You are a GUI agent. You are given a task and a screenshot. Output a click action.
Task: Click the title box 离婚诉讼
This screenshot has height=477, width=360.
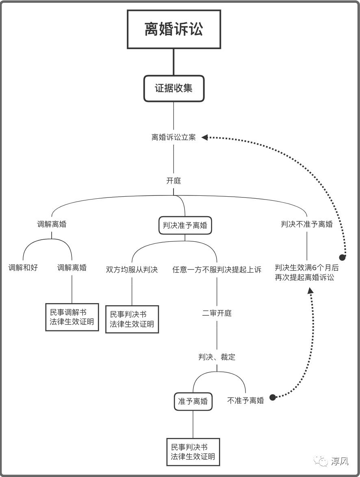click(x=174, y=29)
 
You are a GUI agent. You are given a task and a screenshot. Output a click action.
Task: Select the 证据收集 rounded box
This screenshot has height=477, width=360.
click(x=173, y=88)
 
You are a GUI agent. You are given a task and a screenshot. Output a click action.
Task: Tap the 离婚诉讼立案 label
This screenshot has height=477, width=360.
click(x=173, y=137)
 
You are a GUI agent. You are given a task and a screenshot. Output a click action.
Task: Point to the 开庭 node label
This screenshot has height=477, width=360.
click(x=173, y=181)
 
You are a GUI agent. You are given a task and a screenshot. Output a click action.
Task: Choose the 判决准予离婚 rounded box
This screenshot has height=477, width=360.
click(x=185, y=225)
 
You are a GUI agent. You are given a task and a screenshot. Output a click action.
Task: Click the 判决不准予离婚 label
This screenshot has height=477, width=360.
click(x=307, y=224)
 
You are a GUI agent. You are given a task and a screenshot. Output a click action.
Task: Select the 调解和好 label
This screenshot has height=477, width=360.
click(x=23, y=268)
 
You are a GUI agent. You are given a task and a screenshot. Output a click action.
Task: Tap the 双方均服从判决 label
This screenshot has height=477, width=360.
click(x=132, y=269)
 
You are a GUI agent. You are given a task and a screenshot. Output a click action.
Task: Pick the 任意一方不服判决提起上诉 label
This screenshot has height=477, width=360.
click(x=217, y=269)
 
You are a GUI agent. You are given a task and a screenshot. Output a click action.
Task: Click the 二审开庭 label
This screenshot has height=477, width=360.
click(x=217, y=313)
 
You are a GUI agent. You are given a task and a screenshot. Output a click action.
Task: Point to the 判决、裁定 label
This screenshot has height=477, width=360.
click(x=217, y=357)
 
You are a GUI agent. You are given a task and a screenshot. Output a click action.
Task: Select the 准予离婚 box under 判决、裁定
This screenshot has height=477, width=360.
click(x=193, y=401)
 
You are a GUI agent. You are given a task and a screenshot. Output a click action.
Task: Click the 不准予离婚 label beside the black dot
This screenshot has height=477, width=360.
click(x=245, y=400)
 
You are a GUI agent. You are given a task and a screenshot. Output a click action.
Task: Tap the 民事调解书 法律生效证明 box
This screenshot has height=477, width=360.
click(x=72, y=317)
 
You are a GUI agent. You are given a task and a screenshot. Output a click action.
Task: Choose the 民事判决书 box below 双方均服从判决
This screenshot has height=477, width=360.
click(x=132, y=319)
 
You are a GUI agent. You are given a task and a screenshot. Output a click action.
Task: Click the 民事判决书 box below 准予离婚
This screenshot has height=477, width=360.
click(x=193, y=452)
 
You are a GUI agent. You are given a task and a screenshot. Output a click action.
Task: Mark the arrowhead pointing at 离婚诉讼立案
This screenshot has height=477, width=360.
click(x=205, y=137)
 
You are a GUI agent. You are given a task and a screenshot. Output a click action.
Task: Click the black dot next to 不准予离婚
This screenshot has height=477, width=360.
click(x=273, y=397)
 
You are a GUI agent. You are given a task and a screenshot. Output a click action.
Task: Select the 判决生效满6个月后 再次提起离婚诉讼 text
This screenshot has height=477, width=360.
click(x=307, y=273)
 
